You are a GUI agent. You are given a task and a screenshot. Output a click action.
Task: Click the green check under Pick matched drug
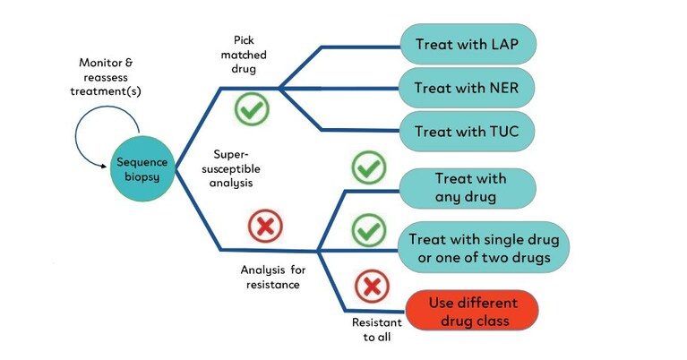tap(252, 109)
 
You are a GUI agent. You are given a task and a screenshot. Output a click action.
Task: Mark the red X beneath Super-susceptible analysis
tap(263, 226)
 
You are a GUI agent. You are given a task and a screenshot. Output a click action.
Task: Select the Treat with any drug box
tap(468, 187)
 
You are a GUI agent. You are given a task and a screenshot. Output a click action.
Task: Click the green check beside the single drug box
tap(367, 229)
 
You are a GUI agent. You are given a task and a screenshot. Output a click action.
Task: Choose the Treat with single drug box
tap(483, 248)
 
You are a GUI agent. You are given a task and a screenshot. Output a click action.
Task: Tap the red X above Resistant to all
tap(369, 287)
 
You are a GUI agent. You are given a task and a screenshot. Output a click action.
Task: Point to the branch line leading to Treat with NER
tap(340, 88)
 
